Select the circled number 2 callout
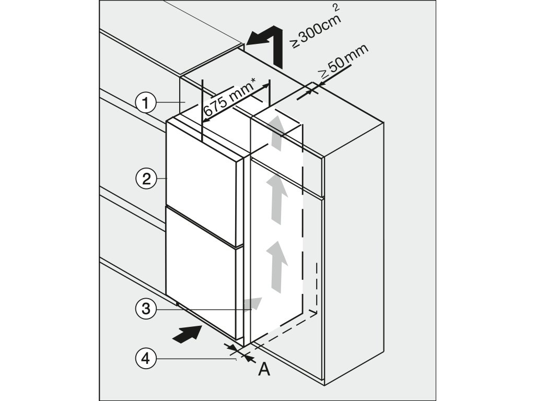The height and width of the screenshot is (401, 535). point(146,179)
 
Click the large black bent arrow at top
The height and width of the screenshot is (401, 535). point(266,45)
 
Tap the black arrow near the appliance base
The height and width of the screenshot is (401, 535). point(187,333)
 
